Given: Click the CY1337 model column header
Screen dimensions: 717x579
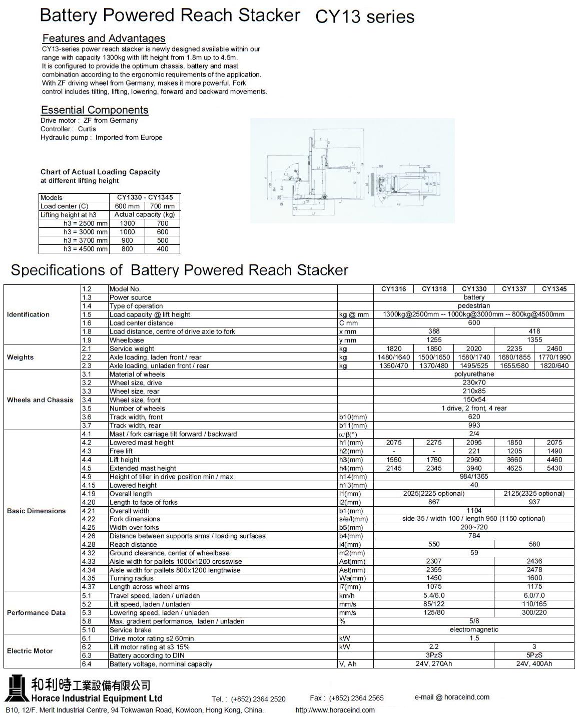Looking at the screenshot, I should coord(514,289).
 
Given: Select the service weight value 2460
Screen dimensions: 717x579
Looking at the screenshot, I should coord(554,348).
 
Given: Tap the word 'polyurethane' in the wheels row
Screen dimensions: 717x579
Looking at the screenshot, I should coord(474,374).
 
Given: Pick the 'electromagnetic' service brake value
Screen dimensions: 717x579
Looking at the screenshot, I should coord(474,630).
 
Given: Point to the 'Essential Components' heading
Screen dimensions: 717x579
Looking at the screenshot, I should coord(95,110).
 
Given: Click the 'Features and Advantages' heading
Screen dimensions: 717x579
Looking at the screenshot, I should coord(104,39).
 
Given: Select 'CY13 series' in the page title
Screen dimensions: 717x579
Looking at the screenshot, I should coord(365,17).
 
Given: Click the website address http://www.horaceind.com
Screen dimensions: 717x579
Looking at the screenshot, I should coord(335,710).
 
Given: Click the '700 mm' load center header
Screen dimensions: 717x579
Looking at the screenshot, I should coord(162,206).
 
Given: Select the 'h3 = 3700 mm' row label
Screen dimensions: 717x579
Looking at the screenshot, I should coord(85,240).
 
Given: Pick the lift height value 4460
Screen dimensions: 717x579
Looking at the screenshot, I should coord(554,460).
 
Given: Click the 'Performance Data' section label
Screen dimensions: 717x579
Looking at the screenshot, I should coord(36,613).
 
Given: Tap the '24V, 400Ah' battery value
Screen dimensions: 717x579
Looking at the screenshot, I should coord(534,664).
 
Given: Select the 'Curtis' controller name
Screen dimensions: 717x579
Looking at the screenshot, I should coord(87,129).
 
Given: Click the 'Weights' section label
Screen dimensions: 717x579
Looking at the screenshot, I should coord(20,357).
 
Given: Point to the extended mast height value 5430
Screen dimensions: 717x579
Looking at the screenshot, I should coord(554,468).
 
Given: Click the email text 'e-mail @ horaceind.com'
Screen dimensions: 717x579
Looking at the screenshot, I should coord(452,697).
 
